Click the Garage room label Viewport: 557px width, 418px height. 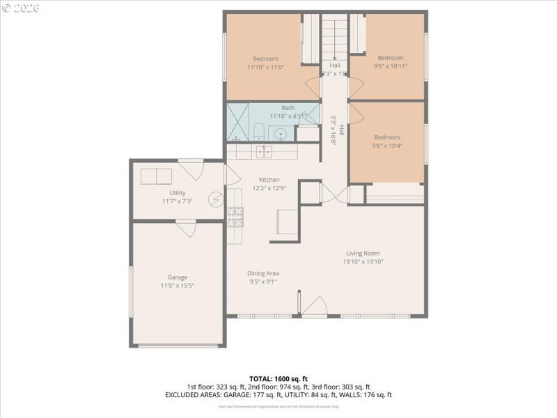pos(177,277)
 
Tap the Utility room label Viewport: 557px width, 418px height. pos(177,193)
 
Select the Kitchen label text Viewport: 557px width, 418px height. pos(269,179)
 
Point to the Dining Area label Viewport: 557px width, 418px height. pos(264,274)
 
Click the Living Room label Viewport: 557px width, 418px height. pos(363,254)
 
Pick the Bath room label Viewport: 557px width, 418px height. pos(288,108)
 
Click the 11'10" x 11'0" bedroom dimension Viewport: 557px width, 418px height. pos(265,68)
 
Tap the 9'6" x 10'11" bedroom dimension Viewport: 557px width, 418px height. pos(390,67)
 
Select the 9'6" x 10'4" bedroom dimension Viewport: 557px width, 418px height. pos(387,146)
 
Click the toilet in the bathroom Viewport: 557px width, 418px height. pos(258,132)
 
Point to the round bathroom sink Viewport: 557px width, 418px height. pos(281,134)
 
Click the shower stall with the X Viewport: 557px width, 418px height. pos(238,123)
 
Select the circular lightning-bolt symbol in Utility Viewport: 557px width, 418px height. pos(217,199)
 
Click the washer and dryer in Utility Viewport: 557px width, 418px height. pos(157,176)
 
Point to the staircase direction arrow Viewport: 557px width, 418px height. pos(335,59)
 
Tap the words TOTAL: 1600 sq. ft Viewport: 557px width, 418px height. pos(278,378)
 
